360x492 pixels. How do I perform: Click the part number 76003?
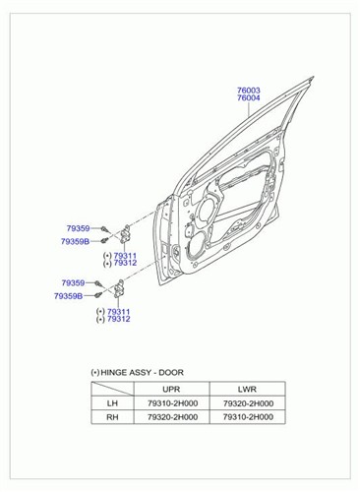249,90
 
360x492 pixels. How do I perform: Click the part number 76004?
249,98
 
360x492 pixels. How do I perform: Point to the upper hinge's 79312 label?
125,263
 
